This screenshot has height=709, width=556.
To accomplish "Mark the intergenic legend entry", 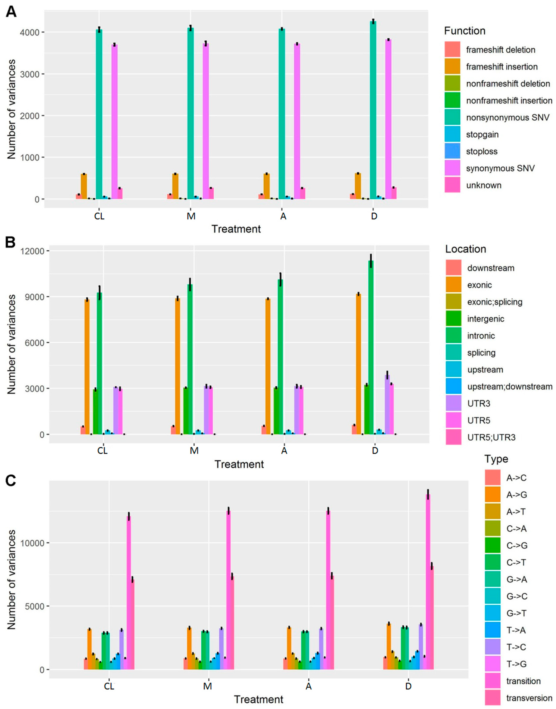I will tap(485, 319).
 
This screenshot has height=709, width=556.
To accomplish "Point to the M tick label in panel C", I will tap(208, 686).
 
